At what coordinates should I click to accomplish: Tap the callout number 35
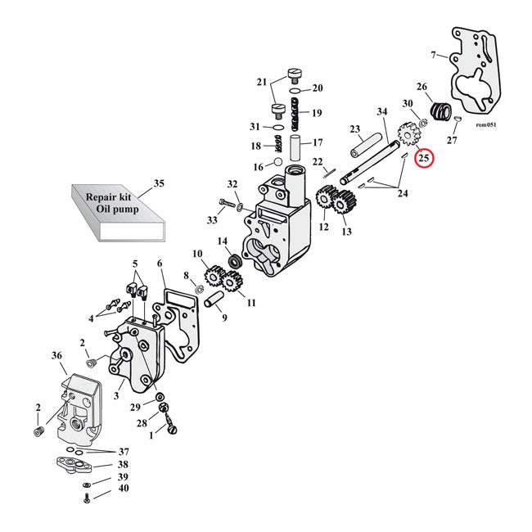(159, 183)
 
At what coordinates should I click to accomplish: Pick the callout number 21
(262, 82)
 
